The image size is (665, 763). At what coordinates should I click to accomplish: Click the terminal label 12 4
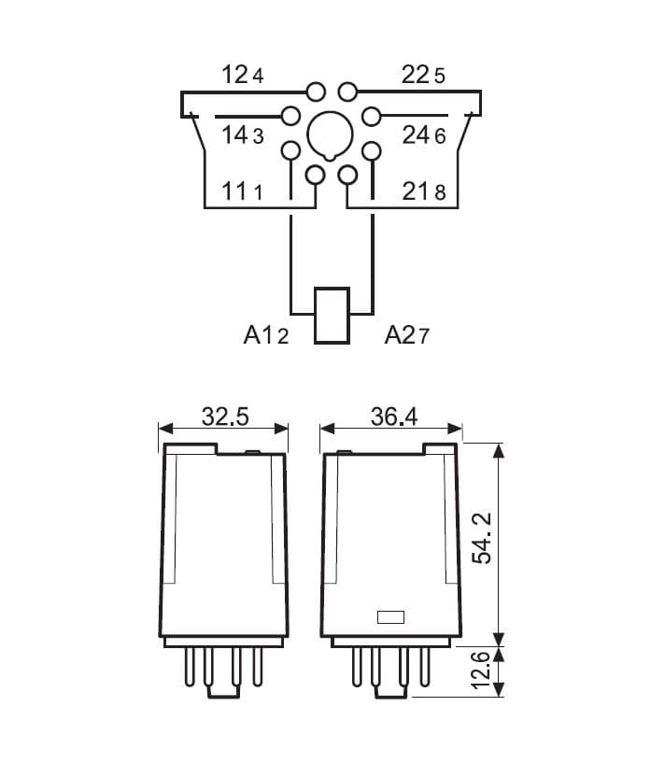click(x=242, y=76)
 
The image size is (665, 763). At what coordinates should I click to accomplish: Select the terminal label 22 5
click(x=423, y=76)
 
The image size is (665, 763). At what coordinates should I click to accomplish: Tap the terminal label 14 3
click(x=242, y=135)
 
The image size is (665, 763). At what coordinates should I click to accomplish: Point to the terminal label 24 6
click(x=424, y=135)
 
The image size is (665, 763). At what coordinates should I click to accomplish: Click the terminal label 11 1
click(x=242, y=192)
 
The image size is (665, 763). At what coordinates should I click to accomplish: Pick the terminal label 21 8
click(x=424, y=192)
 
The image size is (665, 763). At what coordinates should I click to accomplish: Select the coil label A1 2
click(x=266, y=335)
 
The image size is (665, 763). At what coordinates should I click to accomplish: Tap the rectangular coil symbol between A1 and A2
click(x=332, y=317)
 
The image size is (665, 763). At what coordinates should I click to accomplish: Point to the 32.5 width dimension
click(x=225, y=417)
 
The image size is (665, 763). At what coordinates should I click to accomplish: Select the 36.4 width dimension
click(x=394, y=417)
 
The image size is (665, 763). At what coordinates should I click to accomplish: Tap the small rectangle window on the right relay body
click(x=389, y=616)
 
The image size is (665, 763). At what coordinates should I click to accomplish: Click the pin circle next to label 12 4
click(x=316, y=91)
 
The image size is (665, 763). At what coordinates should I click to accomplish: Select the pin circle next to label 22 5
click(x=348, y=91)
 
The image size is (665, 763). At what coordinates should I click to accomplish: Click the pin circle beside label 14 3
click(x=291, y=117)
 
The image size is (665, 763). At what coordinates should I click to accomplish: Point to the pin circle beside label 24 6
click(x=372, y=117)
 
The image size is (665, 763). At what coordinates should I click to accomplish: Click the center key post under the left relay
click(x=225, y=689)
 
